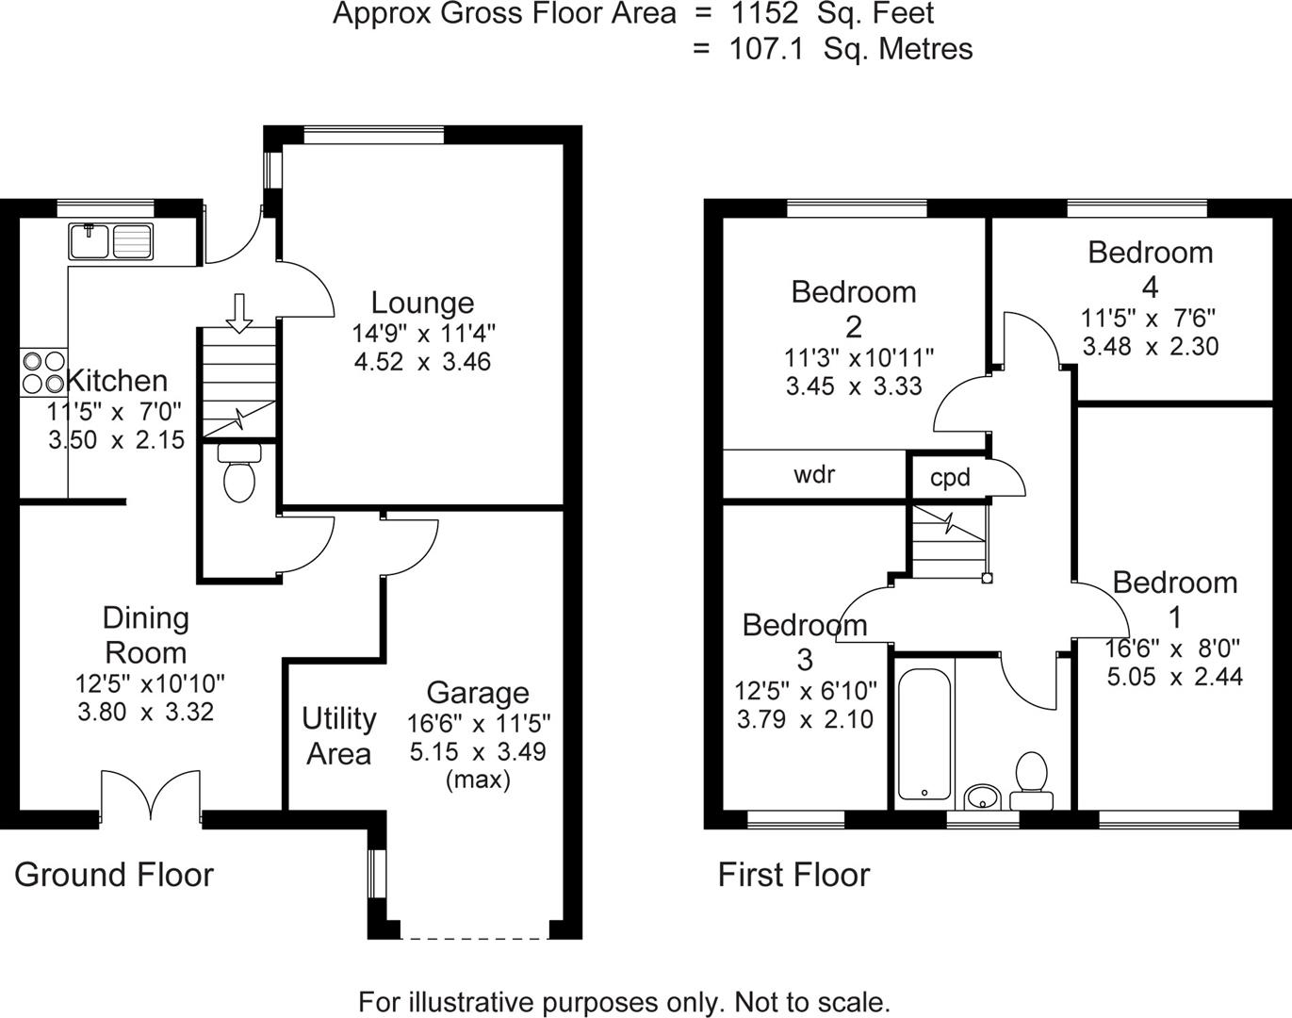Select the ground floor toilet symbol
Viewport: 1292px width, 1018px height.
[238, 471]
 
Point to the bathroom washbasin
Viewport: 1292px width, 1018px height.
[984, 797]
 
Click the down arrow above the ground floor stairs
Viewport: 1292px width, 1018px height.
[239, 312]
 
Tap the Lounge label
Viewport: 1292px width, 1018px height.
[422, 303]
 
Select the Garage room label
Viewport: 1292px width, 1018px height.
[478, 693]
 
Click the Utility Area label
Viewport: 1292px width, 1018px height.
[339, 736]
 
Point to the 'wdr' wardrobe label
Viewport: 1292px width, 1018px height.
[814, 474]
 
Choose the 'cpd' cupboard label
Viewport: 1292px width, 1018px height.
[950, 478]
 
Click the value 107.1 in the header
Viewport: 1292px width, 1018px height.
[766, 49]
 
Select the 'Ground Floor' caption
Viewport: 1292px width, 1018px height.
[114, 875]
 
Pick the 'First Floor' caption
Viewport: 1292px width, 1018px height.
[793, 875]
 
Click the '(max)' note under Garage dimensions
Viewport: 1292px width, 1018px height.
[478, 780]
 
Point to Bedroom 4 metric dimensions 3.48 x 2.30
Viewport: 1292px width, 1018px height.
[1150, 346]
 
